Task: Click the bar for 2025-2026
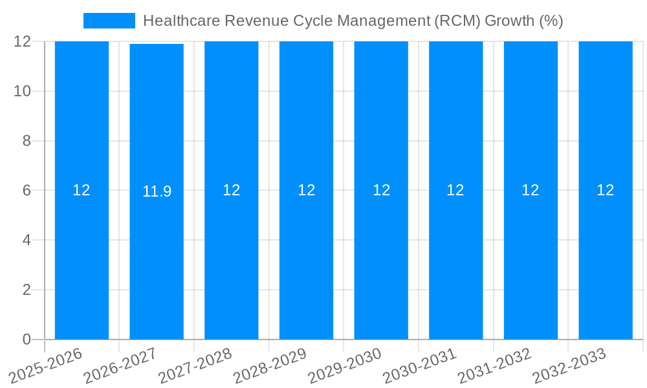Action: pos(82,259)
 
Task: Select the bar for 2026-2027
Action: pos(157,259)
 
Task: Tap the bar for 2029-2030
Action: pos(381,259)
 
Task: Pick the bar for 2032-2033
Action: pos(606,259)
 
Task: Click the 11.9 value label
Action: pos(157,191)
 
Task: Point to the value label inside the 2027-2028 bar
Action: pos(232,190)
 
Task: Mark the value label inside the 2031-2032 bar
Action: pos(531,190)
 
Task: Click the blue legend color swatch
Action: pos(109,21)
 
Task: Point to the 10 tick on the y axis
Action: pos(23,91)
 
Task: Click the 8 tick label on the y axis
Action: pos(27,141)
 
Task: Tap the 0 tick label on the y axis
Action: pos(27,339)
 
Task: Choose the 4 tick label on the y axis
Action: pos(27,240)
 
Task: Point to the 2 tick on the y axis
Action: pos(27,290)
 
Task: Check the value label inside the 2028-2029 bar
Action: pos(307,190)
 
